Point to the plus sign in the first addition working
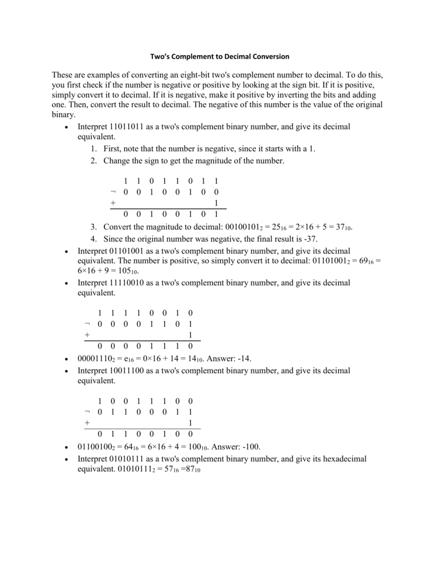coord(113,203)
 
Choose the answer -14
coord(242,358)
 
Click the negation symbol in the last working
coord(87,412)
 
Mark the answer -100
coord(250,446)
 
